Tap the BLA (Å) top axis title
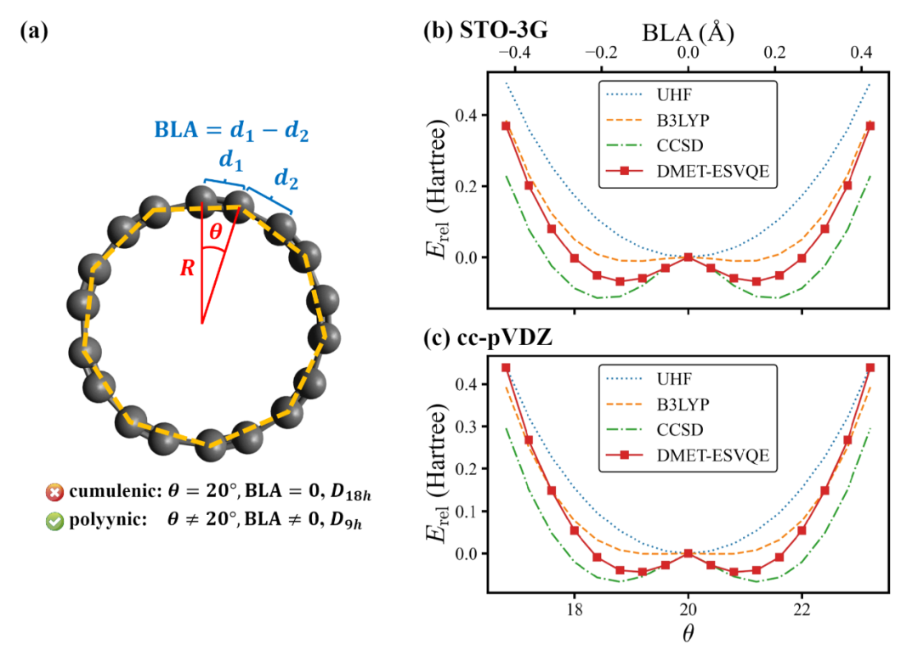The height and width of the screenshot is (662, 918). click(688, 33)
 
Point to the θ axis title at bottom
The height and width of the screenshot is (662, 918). click(688, 633)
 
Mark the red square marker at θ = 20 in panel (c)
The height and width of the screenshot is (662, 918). click(688, 553)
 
